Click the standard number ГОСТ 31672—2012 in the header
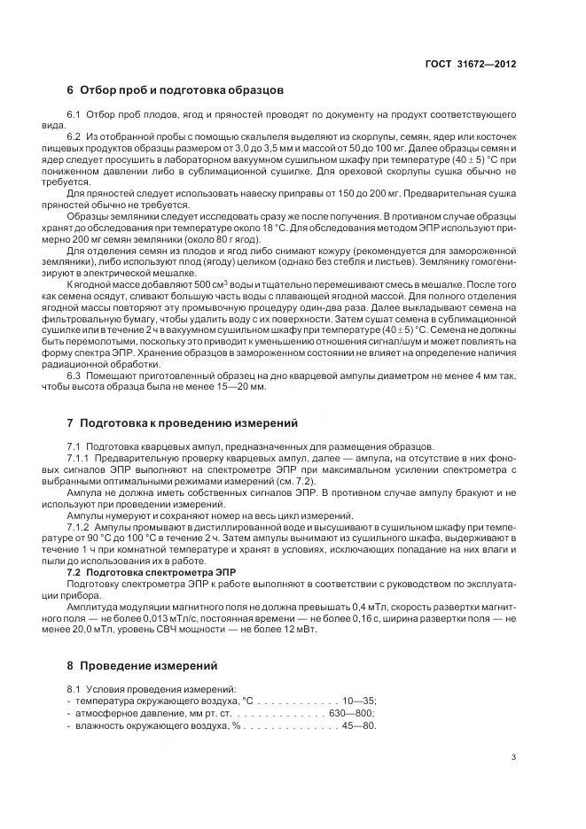(x=472, y=64)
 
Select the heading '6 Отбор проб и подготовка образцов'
(x=175, y=90)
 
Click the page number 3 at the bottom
(x=513, y=757)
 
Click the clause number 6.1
(x=74, y=116)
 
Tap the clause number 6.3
(x=74, y=375)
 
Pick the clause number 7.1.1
(x=80, y=457)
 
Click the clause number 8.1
(x=74, y=687)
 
